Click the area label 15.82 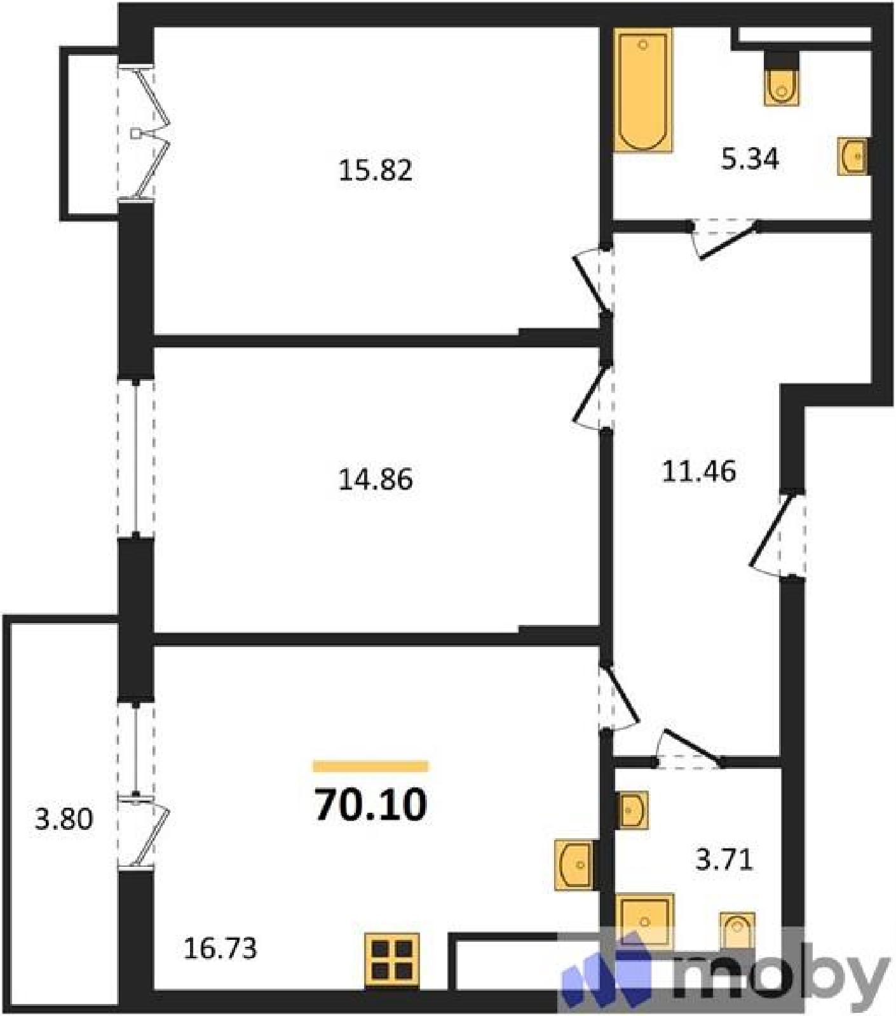376,170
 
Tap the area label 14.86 376,479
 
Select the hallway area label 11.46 699,471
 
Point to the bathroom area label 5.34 750,159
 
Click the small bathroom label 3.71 724,860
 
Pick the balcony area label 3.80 64,819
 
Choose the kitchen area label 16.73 220,949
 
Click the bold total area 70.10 371,805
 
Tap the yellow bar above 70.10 370,766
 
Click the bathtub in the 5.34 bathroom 643,90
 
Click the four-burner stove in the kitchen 392,960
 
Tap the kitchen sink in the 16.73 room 575,865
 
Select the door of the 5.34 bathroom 724,238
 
